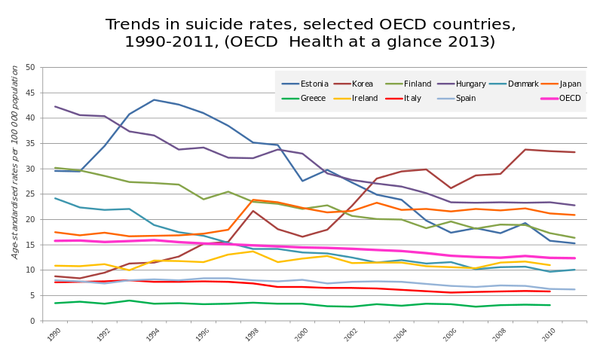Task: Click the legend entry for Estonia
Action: point(314,84)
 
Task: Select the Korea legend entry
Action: point(363,84)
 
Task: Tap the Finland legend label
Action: point(417,84)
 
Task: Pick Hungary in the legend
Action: point(471,84)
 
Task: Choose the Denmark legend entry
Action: point(523,84)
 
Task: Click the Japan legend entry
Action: point(571,84)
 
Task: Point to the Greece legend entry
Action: point(314,99)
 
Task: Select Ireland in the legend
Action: point(365,99)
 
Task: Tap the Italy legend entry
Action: point(412,99)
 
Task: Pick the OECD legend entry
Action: point(570,99)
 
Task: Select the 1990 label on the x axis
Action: point(54,335)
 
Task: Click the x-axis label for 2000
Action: point(301,335)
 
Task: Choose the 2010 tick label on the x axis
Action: point(549,335)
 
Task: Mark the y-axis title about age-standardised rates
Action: point(15,162)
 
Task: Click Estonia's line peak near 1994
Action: point(154,99)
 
